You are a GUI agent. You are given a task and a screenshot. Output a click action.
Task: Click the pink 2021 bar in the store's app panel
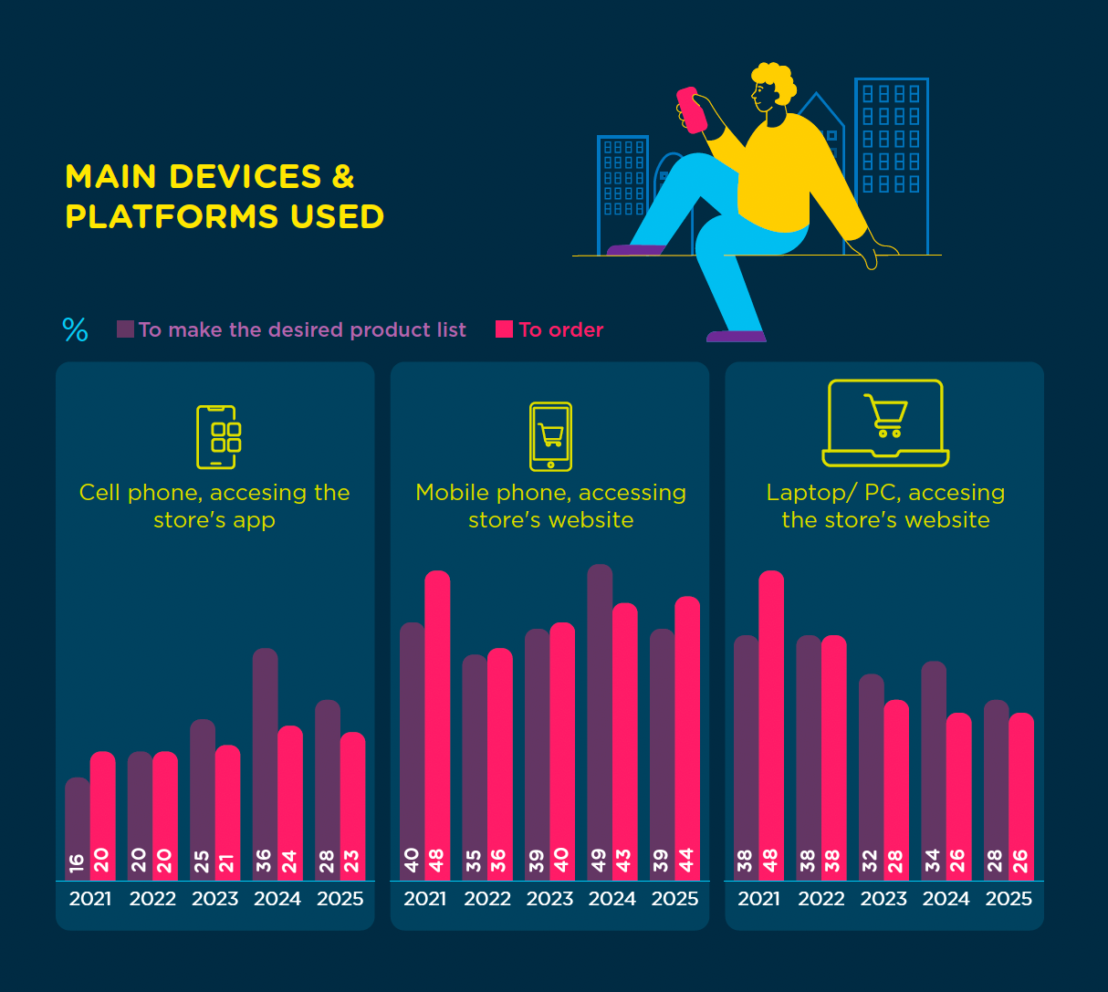(x=102, y=812)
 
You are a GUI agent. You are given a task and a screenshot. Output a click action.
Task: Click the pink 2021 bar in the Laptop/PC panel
(x=771, y=721)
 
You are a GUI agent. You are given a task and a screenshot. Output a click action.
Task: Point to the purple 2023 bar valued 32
(x=872, y=776)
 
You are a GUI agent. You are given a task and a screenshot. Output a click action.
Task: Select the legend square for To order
(x=504, y=329)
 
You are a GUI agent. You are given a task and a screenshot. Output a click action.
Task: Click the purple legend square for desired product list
(x=126, y=329)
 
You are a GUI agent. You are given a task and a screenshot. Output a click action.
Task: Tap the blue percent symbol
(x=76, y=329)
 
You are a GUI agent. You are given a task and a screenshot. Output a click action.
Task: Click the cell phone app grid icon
(x=217, y=437)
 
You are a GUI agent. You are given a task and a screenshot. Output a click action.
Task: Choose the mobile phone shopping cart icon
(x=550, y=436)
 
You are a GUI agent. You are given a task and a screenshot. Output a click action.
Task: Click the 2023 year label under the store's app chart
(x=215, y=899)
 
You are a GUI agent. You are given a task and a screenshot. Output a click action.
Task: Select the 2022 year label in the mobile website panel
(x=487, y=899)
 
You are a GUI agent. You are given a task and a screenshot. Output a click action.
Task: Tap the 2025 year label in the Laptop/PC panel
(x=1009, y=899)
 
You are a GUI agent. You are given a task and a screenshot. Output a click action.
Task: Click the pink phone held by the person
(x=692, y=110)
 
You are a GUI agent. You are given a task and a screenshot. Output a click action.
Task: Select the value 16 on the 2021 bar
(x=77, y=860)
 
